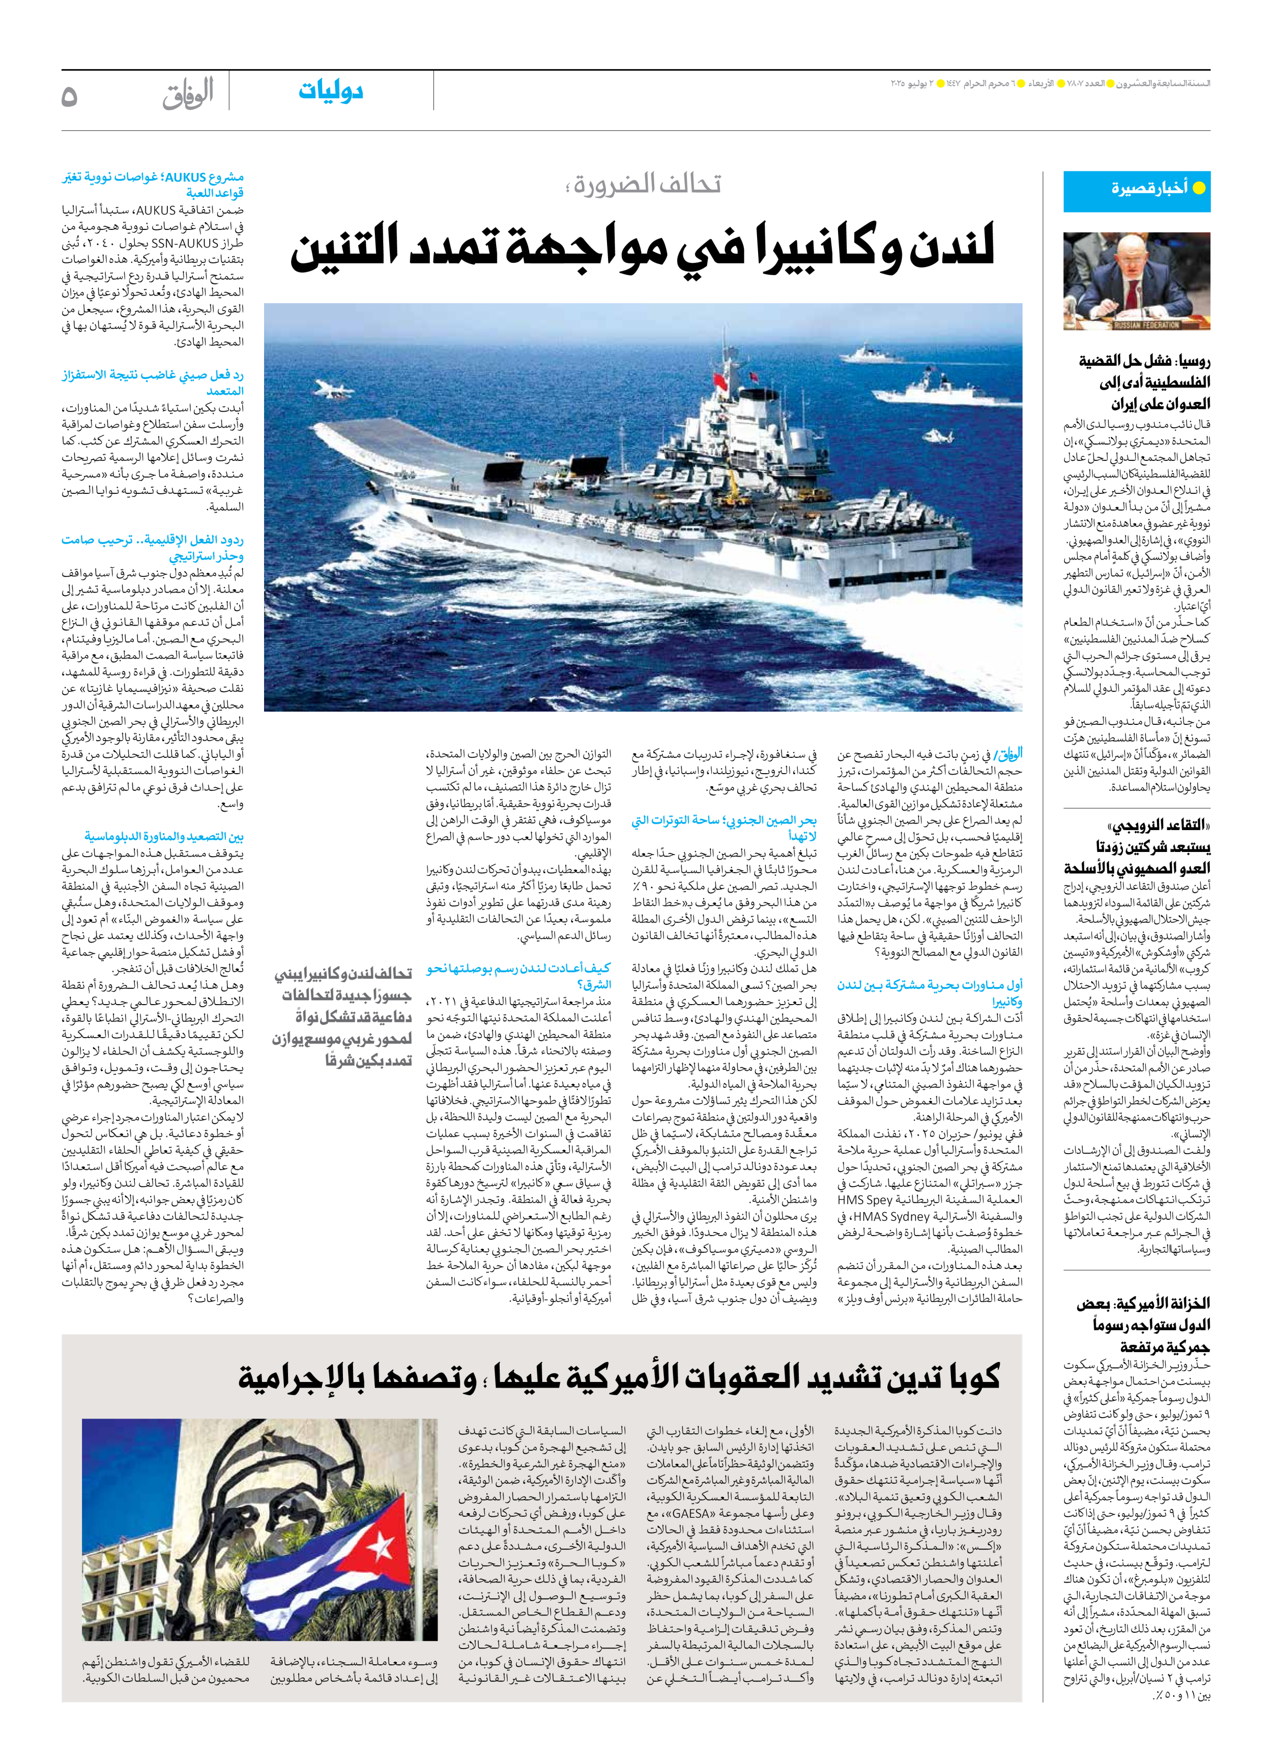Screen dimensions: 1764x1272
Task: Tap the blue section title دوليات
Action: point(331,91)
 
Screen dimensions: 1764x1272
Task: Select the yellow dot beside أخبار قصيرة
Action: point(1199,188)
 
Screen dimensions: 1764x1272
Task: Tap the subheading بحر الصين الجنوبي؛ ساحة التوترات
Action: point(724,828)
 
